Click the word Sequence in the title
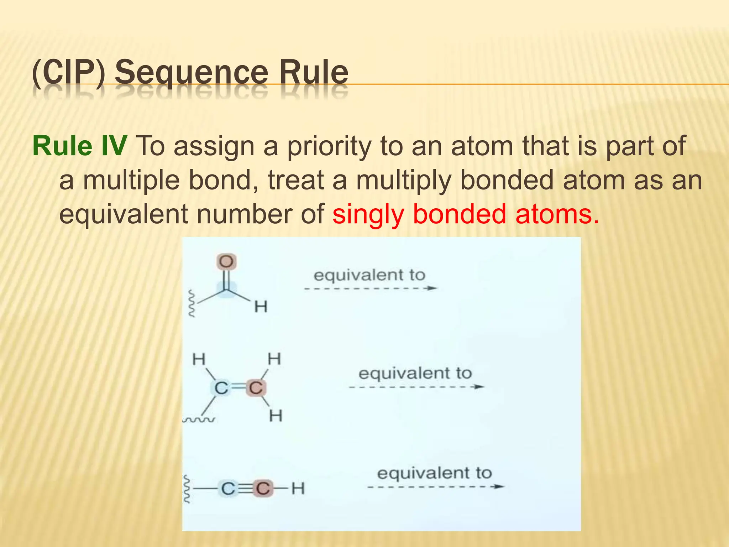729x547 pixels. coord(191,73)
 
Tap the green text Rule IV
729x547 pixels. coord(79,146)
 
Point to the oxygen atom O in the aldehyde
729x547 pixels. coord(226,262)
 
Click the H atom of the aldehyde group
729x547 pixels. coord(261,306)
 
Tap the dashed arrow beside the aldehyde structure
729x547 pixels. coord(370,288)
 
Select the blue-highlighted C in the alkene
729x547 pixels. coord(221,388)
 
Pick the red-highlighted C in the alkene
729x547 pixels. coord(256,388)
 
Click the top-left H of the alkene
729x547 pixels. coord(199,359)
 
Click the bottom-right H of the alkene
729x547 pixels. coord(276,416)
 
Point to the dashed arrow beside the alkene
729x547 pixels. coord(416,387)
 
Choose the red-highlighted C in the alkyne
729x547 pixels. coord(263,489)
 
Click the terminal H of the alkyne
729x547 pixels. coord(298,489)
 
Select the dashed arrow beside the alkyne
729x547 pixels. coord(435,486)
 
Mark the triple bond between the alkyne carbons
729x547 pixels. coord(245,489)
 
